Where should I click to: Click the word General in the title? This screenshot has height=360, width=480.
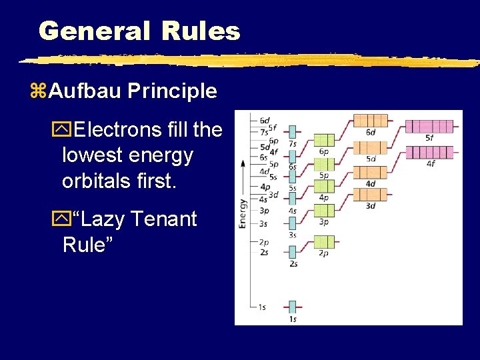tap(94, 31)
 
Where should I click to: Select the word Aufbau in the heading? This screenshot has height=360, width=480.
tap(87, 91)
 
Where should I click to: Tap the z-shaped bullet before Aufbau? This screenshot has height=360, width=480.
tap(39, 91)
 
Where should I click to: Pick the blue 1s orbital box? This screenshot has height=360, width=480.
tap(292, 307)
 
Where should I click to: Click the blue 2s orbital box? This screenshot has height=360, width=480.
tap(292, 252)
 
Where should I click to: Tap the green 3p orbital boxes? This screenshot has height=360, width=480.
tap(324, 210)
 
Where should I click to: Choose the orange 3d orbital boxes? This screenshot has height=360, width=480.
tap(370, 194)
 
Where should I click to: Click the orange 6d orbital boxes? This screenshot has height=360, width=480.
tap(370, 122)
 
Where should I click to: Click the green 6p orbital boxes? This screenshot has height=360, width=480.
tap(324, 140)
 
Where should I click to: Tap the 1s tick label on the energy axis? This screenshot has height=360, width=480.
tap(262, 307)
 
